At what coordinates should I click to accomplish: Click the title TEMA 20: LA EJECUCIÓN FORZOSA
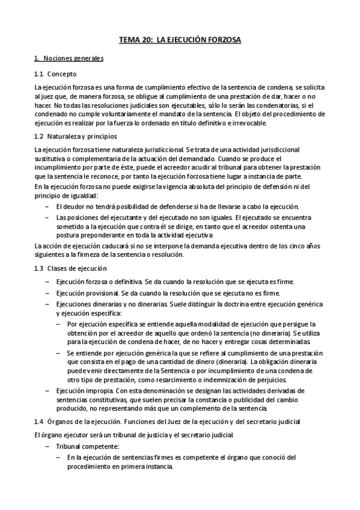[180, 40]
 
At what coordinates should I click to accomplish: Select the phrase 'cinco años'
[309, 245]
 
